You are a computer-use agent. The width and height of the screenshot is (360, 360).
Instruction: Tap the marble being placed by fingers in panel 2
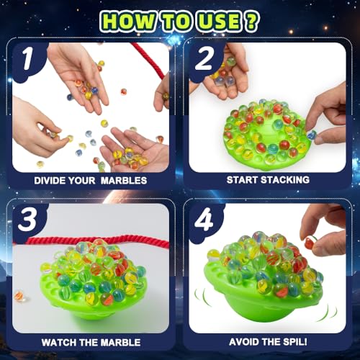click(312, 134)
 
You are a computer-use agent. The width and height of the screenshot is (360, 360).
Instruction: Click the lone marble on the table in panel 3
click(19, 295)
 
